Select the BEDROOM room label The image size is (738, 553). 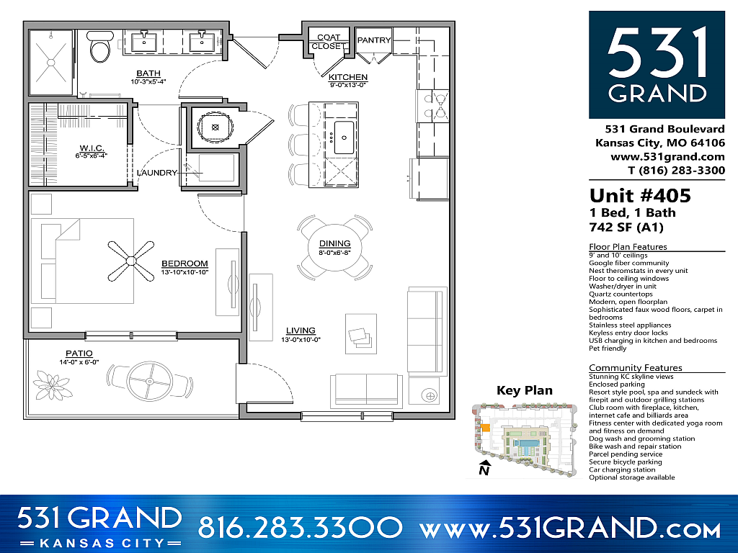(x=184, y=264)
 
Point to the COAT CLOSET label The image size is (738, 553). (x=328, y=42)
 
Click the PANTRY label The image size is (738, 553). (x=373, y=40)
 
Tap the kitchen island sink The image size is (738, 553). (x=343, y=134)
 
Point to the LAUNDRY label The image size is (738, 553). (x=157, y=173)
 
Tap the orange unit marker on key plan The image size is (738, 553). (x=486, y=428)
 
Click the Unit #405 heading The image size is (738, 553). (x=640, y=196)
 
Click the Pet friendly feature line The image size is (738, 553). (x=608, y=349)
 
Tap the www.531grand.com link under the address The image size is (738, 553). (x=667, y=156)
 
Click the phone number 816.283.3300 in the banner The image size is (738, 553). (x=299, y=528)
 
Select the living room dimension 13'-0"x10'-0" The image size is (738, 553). (x=301, y=340)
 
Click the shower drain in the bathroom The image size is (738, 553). (x=51, y=62)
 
